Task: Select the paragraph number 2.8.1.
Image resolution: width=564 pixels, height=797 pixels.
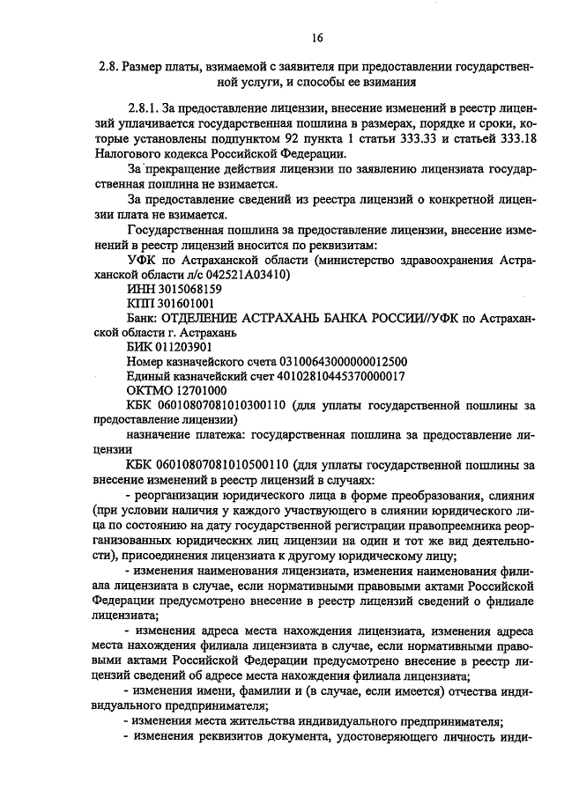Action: [145, 107]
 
